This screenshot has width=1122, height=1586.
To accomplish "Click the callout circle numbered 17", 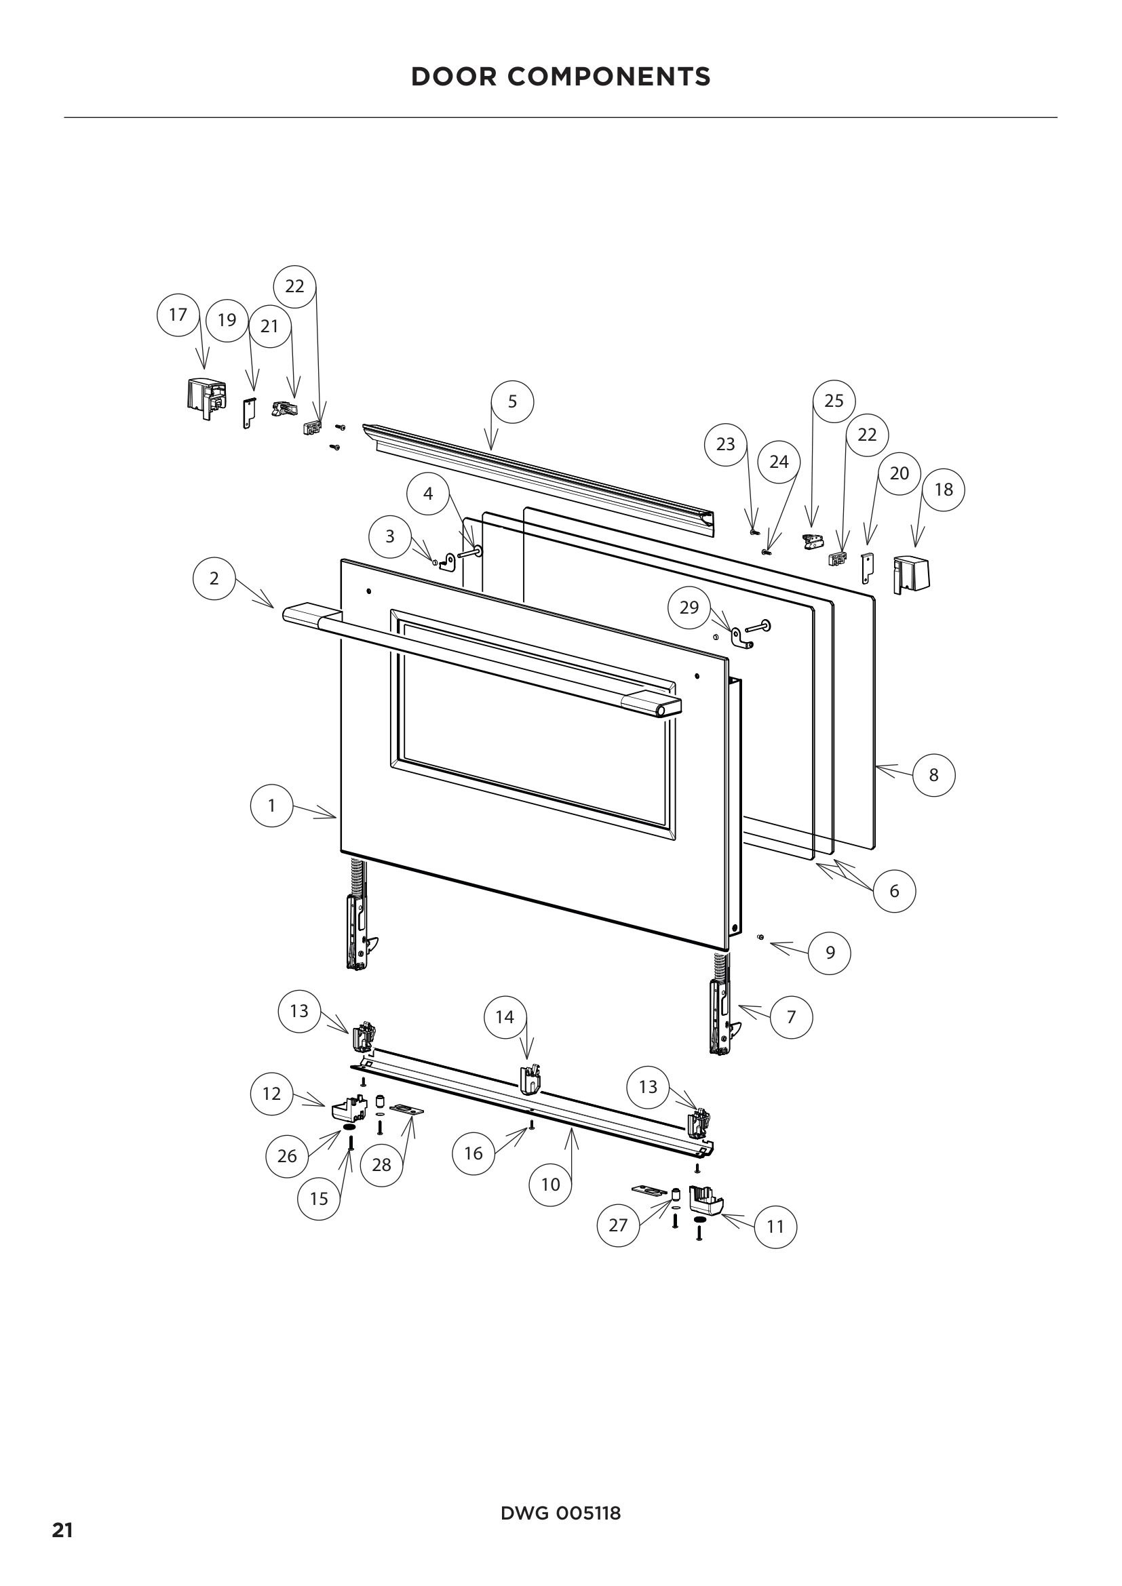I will coord(178,315).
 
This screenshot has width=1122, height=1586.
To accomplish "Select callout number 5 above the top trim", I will coord(512,402).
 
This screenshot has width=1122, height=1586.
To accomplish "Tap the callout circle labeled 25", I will coord(834,401).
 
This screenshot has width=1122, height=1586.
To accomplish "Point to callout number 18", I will coord(943,490).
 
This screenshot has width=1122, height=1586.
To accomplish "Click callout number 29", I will coord(689,608).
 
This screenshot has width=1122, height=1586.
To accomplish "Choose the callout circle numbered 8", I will coord(933,775).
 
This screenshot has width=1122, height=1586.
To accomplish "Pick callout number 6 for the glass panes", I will coord(894,891).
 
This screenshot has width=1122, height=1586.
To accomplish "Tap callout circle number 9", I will coord(830,953).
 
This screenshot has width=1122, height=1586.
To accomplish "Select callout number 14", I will coord(505,1017).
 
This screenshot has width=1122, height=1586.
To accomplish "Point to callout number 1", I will coord(271,806).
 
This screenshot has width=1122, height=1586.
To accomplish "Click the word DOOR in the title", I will coord(454,77).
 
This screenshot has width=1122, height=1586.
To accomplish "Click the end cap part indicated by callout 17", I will coord(204,399).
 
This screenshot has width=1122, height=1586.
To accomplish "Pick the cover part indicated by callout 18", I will coord(911,574).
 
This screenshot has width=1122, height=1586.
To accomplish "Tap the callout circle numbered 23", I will coord(725,444).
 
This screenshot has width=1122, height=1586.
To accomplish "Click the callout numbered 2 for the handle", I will coord(214,578).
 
